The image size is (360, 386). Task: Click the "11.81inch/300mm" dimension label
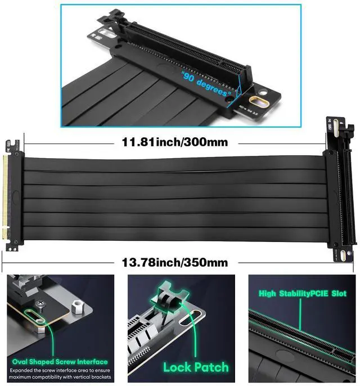[175, 142]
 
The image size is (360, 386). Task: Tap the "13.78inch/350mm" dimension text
[175, 262]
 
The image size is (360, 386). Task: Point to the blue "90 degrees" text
[206, 84]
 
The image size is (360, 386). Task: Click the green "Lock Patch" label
[195, 367]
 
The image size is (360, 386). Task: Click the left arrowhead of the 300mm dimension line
[25, 142]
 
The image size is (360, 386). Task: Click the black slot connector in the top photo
[186, 56]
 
